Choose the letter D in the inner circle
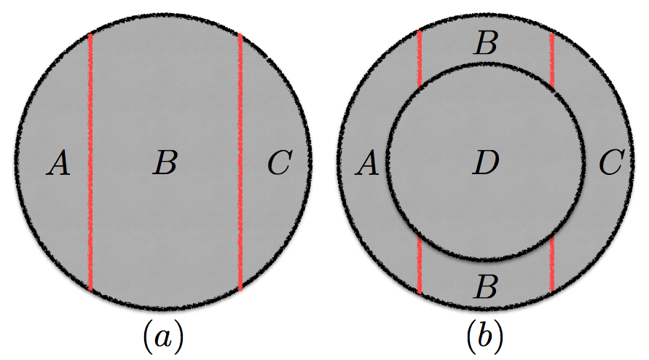(485, 165)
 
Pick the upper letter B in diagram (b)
(485, 44)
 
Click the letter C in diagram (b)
(610, 165)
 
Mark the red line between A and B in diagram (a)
(90, 162)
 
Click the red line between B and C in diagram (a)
(240, 162)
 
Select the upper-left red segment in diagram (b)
(420, 58)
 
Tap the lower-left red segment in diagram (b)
(420, 267)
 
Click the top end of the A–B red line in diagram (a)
(90, 36)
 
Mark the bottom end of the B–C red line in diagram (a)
(240, 289)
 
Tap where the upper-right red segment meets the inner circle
(552, 86)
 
